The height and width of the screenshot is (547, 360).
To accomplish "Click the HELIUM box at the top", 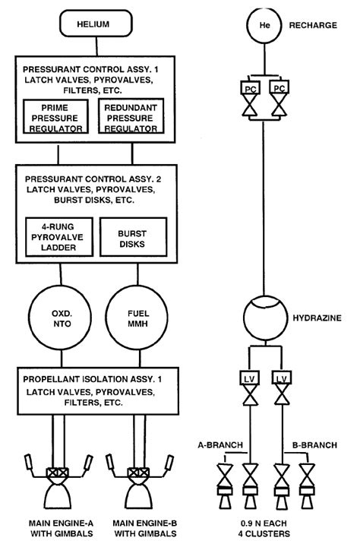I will click(93, 24).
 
